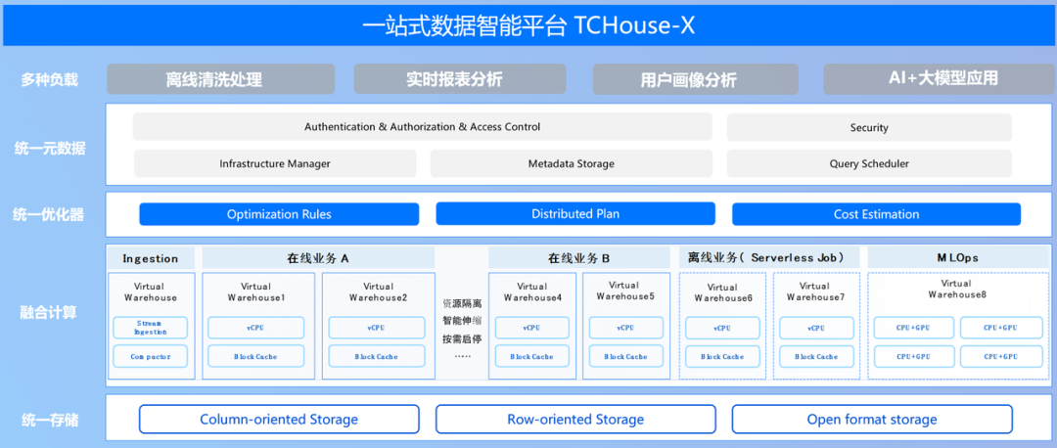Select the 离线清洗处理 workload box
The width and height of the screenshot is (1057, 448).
coord(220,79)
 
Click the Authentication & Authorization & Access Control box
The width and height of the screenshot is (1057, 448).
coord(422,127)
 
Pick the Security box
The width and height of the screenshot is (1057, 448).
coord(869,127)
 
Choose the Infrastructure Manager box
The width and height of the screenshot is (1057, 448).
coord(275,163)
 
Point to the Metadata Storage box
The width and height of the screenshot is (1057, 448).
coord(572,163)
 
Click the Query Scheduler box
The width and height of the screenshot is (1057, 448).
coord(869,163)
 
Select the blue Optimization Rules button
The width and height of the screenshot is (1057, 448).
coord(279,214)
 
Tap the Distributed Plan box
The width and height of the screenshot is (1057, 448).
coord(575,214)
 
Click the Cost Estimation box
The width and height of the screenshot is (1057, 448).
coord(876,214)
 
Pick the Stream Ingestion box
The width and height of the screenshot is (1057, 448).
coord(151,328)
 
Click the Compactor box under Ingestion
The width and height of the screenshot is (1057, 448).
coord(151,356)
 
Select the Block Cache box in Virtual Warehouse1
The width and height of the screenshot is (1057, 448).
coord(255,356)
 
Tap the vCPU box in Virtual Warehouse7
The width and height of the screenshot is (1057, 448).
coord(815,328)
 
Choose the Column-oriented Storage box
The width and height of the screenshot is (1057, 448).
coord(279,420)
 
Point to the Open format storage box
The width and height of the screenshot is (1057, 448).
coord(872,420)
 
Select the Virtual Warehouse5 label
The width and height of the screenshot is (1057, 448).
coord(625,291)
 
